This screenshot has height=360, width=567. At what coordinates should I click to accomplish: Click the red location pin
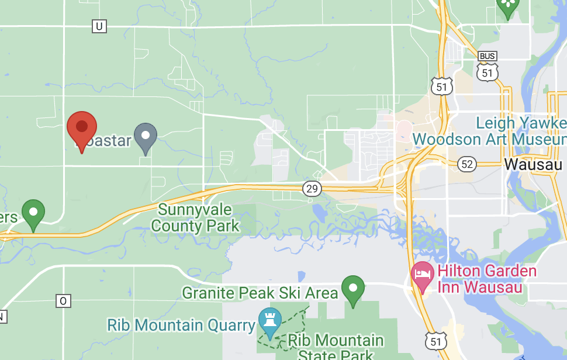coord(81,127)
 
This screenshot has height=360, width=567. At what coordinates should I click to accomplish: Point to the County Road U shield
coord(99,26)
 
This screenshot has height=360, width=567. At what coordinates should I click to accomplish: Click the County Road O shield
coord(64,301)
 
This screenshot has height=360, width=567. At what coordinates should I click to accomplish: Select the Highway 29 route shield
coord(312,188)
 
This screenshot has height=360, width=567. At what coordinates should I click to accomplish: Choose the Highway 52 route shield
coord(466,164)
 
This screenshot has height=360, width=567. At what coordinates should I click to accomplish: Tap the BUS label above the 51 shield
coord(488,56)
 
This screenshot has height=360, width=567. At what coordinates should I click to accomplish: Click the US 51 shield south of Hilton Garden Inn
coord(435,341)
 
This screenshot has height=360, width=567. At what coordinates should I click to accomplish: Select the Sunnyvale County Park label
coord(195,217)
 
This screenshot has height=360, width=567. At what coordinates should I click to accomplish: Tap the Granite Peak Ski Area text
coord(260,292)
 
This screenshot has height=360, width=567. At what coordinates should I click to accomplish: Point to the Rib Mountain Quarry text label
coord(180,324)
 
